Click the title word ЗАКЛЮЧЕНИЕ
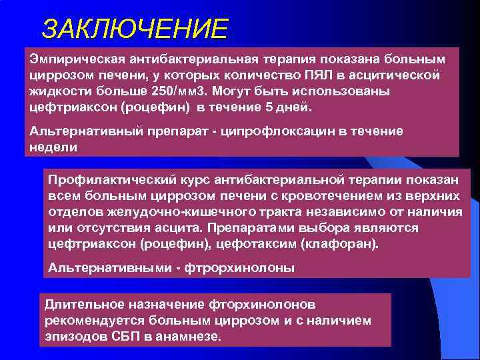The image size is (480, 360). [134, 29]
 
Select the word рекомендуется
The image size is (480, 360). [89, 321]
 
